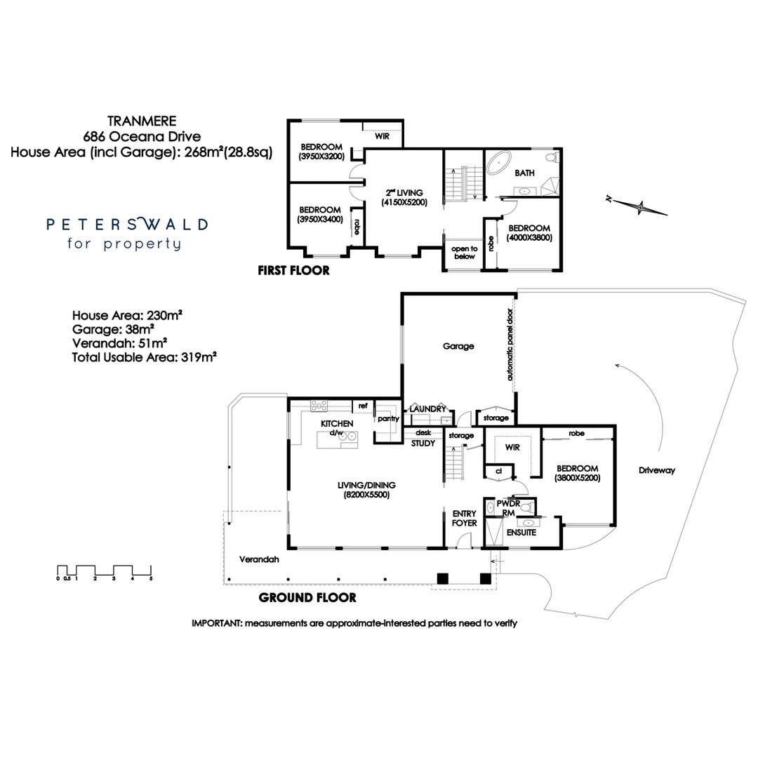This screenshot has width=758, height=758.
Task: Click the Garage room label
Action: (458, 346)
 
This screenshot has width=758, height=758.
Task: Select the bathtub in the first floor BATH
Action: (499, 162)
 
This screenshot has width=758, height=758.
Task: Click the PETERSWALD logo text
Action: (127, 225)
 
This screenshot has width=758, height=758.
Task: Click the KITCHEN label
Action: (336, 424)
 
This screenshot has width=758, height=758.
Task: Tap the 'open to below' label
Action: (464, 253)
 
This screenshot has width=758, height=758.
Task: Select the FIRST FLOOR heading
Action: (293, 270)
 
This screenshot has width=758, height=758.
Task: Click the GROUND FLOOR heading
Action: (307, 598)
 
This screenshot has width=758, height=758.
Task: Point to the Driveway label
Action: (656, 470)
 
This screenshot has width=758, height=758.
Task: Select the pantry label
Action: (387, 419)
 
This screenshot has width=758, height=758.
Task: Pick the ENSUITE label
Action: (521, 533)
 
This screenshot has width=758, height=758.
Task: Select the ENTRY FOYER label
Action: (464, 518)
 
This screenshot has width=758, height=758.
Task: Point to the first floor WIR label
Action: (382, 136)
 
